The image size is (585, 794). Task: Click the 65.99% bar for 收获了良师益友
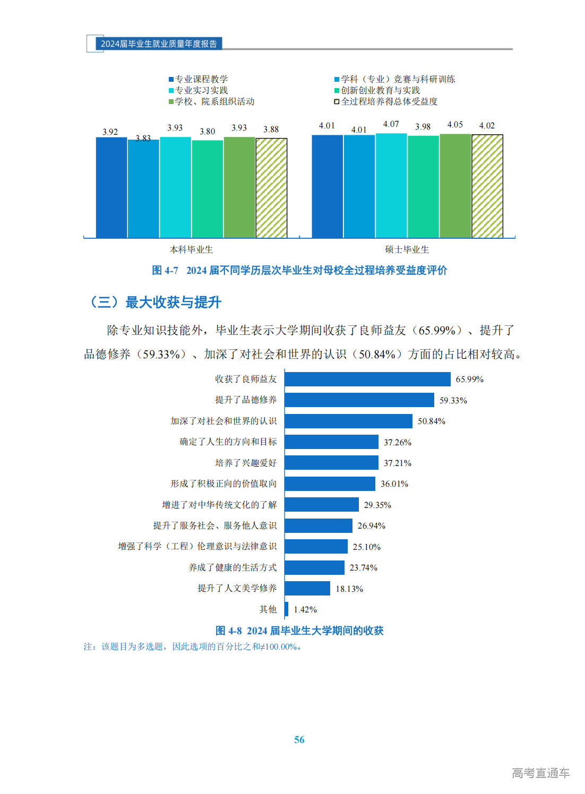(367, 379)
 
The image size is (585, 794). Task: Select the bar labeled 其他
(287, 609)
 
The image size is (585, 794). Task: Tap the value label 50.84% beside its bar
(431, 421)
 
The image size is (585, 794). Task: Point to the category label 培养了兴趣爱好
(246, 463)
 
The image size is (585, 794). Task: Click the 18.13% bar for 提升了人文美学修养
(307, 588)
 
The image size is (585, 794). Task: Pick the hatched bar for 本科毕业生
(271, 188)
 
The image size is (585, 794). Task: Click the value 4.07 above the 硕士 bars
(391, 124)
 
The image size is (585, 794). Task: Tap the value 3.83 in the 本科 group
(143, 139)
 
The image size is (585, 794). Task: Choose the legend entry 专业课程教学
(201, 79)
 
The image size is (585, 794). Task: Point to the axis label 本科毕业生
(191, 249)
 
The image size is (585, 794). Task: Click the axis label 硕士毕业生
(407, 249)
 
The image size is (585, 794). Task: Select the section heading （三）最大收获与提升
(154, 303)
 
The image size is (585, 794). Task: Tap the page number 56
(299, 739)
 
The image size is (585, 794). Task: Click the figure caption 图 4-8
(299, 631)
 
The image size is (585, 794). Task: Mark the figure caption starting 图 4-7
(299, 270)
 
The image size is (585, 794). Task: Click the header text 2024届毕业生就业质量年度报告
(159, 44)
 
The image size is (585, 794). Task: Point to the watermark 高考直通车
(540, 773)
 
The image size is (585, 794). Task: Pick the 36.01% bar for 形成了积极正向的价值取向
(330, 484)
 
